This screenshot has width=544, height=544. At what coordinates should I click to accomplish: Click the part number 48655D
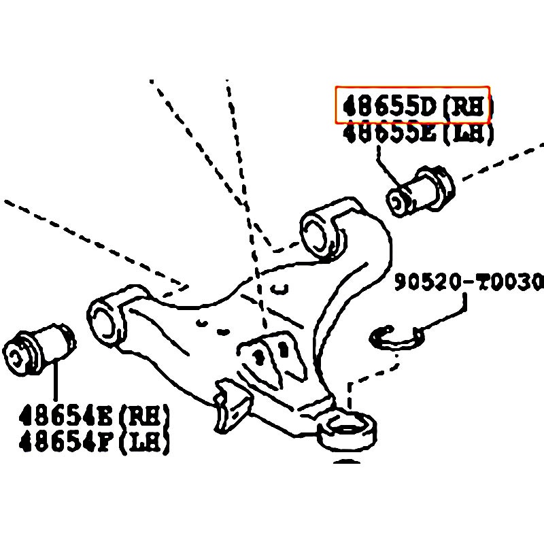[388, 107]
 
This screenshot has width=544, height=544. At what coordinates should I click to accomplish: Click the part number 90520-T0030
[469, 282]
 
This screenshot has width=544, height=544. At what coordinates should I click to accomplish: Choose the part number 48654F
[66, 443]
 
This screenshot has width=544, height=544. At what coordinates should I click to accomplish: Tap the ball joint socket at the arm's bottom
[349, 428]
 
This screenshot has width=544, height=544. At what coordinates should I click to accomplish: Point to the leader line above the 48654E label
[55, 382]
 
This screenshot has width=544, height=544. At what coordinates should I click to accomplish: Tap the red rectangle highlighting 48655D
[413, 88]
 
